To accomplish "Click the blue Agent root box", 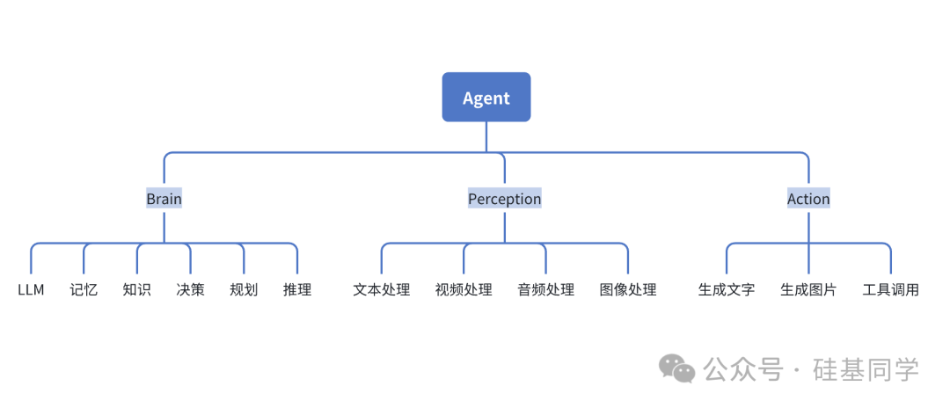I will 486,98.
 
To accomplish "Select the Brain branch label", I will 164,199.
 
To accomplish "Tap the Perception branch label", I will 504,199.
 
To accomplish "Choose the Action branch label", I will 808,199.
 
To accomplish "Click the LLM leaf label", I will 31,289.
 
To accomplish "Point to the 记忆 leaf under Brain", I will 84,289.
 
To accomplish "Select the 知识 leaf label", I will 137,289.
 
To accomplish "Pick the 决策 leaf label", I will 190,289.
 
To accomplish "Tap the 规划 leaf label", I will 244,289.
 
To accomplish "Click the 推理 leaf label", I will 297,289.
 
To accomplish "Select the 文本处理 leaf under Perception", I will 381,289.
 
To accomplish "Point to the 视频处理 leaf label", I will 464,289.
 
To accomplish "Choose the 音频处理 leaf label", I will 545,289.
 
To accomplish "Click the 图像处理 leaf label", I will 628,289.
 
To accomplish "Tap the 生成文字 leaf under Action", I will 727,289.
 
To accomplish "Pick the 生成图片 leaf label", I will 808,289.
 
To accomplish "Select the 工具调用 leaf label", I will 891,289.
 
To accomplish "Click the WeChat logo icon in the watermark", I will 678,368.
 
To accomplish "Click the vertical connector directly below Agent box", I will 486,136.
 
